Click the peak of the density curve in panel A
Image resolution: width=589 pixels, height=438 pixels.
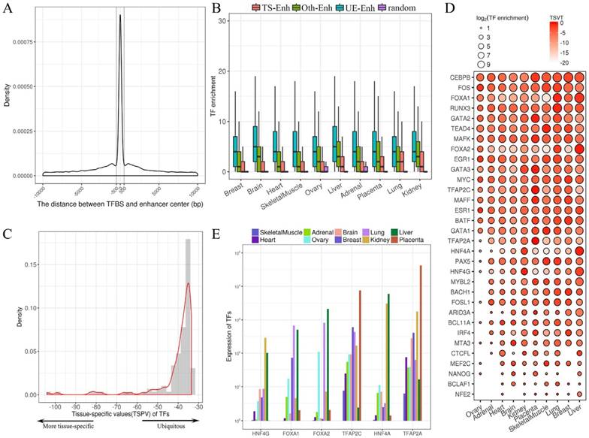click(119, 16)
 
